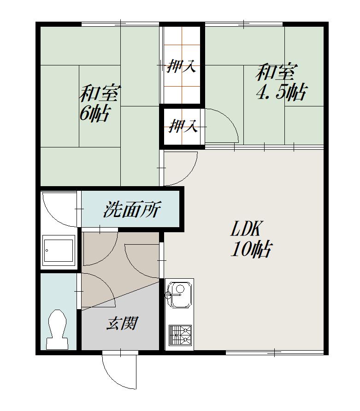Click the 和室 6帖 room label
pos(100,103)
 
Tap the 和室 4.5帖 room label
pos(281,82)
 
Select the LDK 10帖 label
pos(251,239)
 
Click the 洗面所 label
pos(132,209)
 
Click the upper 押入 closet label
pos(182,66)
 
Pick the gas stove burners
pos(180,335)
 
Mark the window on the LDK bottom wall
pos(275,352)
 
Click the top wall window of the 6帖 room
pos(120,24)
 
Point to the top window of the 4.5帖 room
pos(244,24)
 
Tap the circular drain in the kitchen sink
pos(180,288)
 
